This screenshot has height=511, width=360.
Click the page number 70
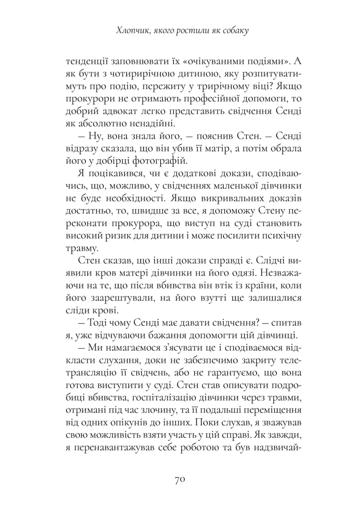[x=180, y=480]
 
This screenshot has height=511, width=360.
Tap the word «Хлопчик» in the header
[x=130, y=31]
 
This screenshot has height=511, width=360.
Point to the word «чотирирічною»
[x=132, y=75]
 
